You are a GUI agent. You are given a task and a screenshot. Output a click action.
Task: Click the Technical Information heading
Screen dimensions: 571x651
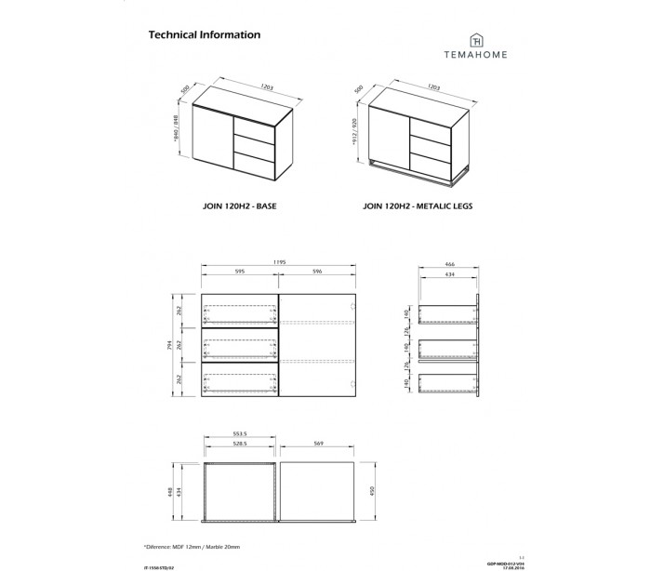(x=204, y=34)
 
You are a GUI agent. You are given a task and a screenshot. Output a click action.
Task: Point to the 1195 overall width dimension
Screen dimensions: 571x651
(x=280, y=263)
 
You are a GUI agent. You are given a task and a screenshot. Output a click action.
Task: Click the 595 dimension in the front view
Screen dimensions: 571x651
(x=240, y=273)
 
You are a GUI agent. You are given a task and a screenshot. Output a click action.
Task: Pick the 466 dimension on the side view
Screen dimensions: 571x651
(x=448, y=263)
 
